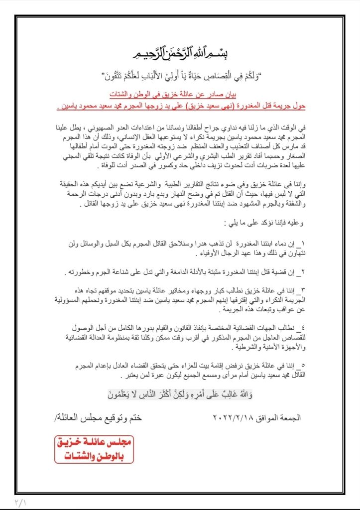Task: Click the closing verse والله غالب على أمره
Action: pyautogui.click(x=180, y=395)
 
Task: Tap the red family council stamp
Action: pyautogui.click(x=94, y=450)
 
